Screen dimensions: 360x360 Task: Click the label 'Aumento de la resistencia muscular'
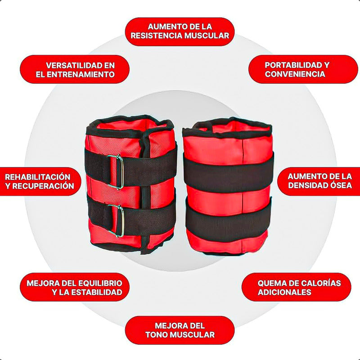click(x=180, y=31)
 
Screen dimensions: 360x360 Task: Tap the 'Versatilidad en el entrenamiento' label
click(x=75, y=69)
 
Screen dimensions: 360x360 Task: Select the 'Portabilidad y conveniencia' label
click(x=297, y=69)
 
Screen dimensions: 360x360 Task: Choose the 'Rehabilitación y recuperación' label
click(x=40, y=181)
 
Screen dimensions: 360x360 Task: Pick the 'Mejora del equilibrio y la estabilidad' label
click(x=75, y=288)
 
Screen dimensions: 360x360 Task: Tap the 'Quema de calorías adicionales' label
click(x=297, y=288)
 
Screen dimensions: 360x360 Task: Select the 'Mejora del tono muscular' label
click(x=180, y=330)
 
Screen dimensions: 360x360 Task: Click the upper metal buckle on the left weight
click(x=116, y=171)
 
